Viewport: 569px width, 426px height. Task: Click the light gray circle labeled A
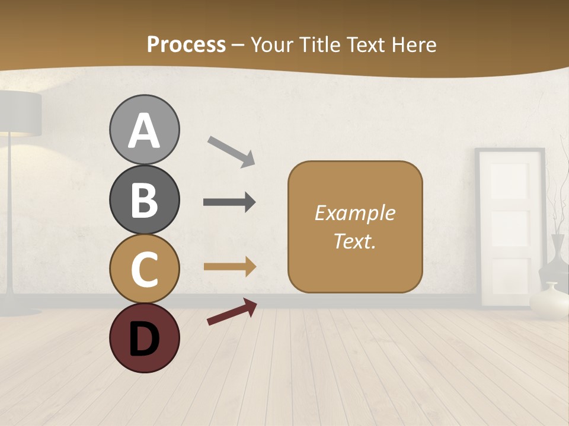(144, 130)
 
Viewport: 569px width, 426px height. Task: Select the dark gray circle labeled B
(144, 199)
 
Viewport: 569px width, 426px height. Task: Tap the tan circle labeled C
(144, 269)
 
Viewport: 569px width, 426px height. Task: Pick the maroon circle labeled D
(144, 338)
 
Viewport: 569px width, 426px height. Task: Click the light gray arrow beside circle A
(231, 151)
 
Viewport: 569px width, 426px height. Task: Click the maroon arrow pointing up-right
(232, 312)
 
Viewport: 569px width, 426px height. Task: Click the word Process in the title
(186, 44)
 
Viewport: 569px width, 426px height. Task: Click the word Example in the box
(355, 213)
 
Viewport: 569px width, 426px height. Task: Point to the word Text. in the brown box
(355, 241)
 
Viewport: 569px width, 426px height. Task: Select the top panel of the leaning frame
(509, 181)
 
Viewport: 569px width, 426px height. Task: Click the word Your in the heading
(273, 44)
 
